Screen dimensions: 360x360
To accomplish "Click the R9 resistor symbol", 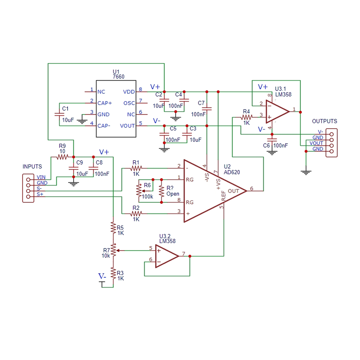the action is pos(62,157).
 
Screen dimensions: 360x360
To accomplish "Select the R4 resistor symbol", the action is pos(247,117).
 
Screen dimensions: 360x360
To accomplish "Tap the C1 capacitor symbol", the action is pos(59,114).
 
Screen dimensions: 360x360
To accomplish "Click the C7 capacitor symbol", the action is pos(207,108).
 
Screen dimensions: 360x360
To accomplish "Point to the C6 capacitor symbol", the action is pos(272,140).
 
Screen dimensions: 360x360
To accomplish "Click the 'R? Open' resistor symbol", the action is pos(161,191).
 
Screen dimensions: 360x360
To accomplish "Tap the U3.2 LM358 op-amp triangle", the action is pos(167,256).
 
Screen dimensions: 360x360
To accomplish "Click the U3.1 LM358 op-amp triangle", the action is pos(278,112).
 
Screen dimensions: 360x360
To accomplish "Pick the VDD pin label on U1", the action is pos(129,92).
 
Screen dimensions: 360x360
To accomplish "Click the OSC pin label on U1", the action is pos(129,103).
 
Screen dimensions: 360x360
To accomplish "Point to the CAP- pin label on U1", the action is pos(104,126).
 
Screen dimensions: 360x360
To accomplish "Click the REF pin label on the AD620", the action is pos(224,195).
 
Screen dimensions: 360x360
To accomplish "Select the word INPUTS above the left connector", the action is pos(32,166).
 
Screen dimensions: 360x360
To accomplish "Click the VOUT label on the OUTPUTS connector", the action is pos(316,143).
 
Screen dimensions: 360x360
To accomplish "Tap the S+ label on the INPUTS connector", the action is pos(40,194).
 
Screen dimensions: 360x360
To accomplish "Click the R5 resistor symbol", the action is pos(113,228).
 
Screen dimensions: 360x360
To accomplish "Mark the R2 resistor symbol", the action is pos(136,214).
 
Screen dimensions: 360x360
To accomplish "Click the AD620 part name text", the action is pos(231,172).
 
